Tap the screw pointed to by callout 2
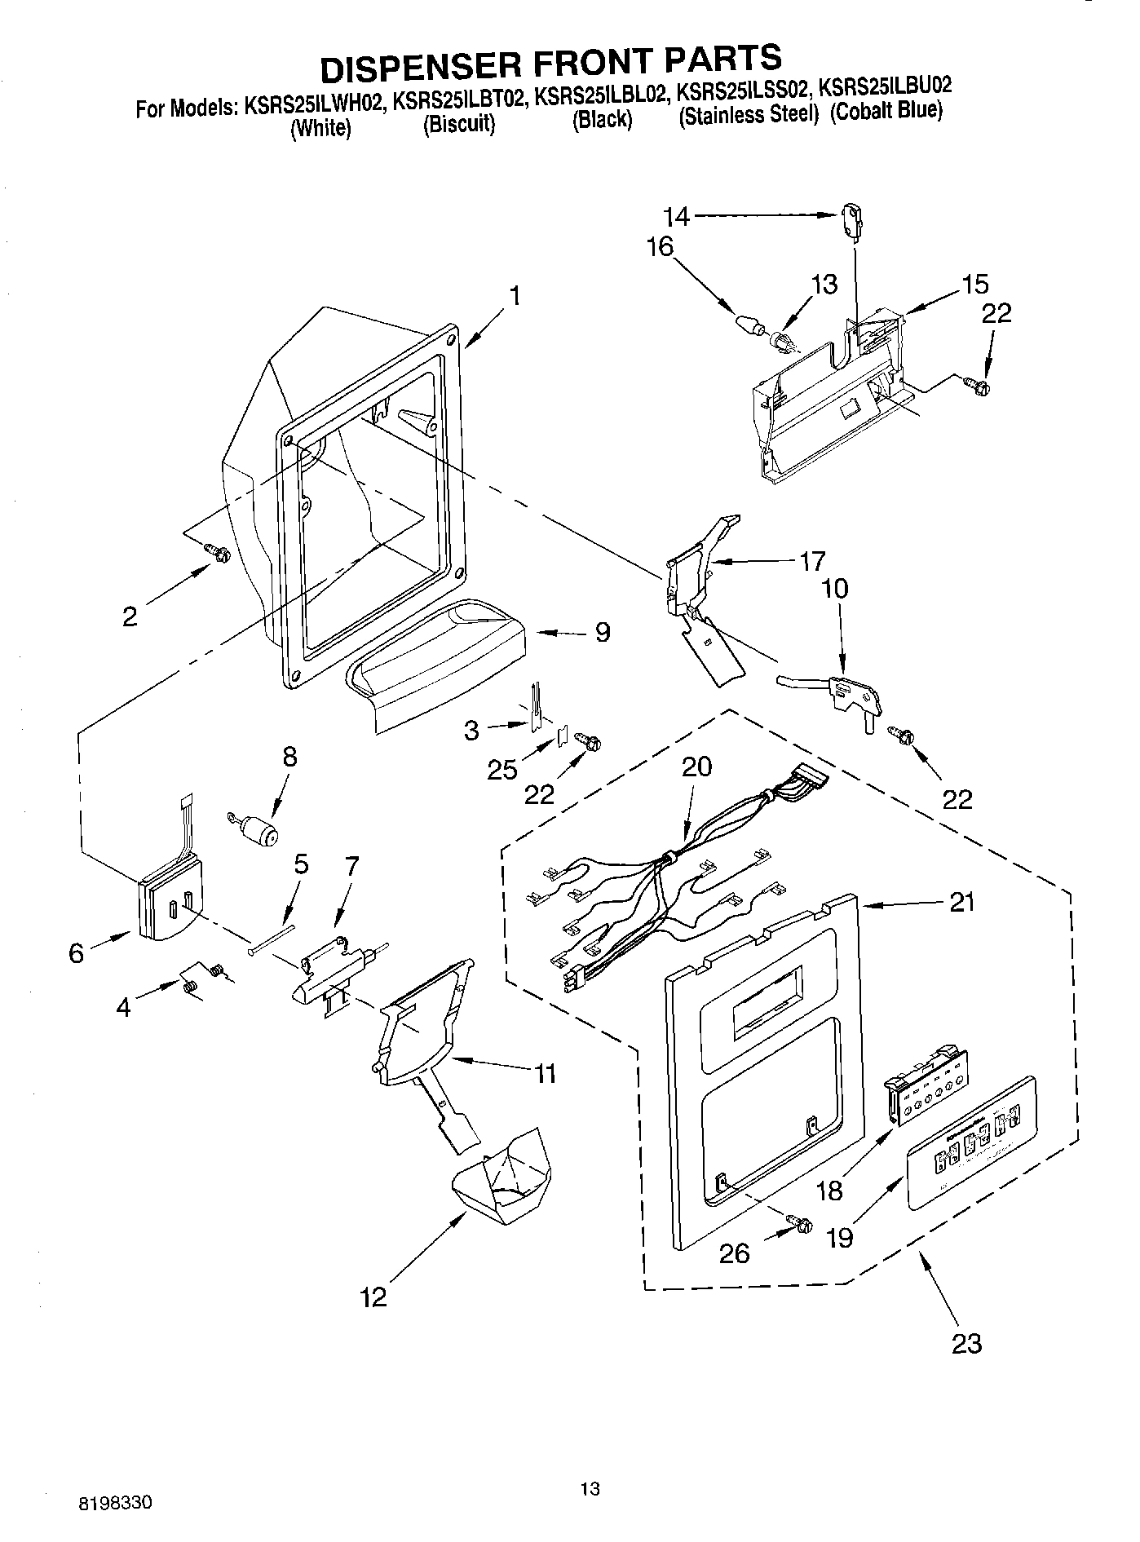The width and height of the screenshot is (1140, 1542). [218, 554]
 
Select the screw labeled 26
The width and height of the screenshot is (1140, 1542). [799, 1222]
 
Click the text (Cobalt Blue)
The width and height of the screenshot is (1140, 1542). [886, 112]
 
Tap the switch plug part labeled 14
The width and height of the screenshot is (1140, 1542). [851, 222]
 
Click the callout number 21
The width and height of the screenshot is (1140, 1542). [961, 902]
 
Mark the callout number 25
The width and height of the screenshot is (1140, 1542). [502, 769]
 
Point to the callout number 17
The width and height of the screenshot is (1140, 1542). [811, 561]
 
